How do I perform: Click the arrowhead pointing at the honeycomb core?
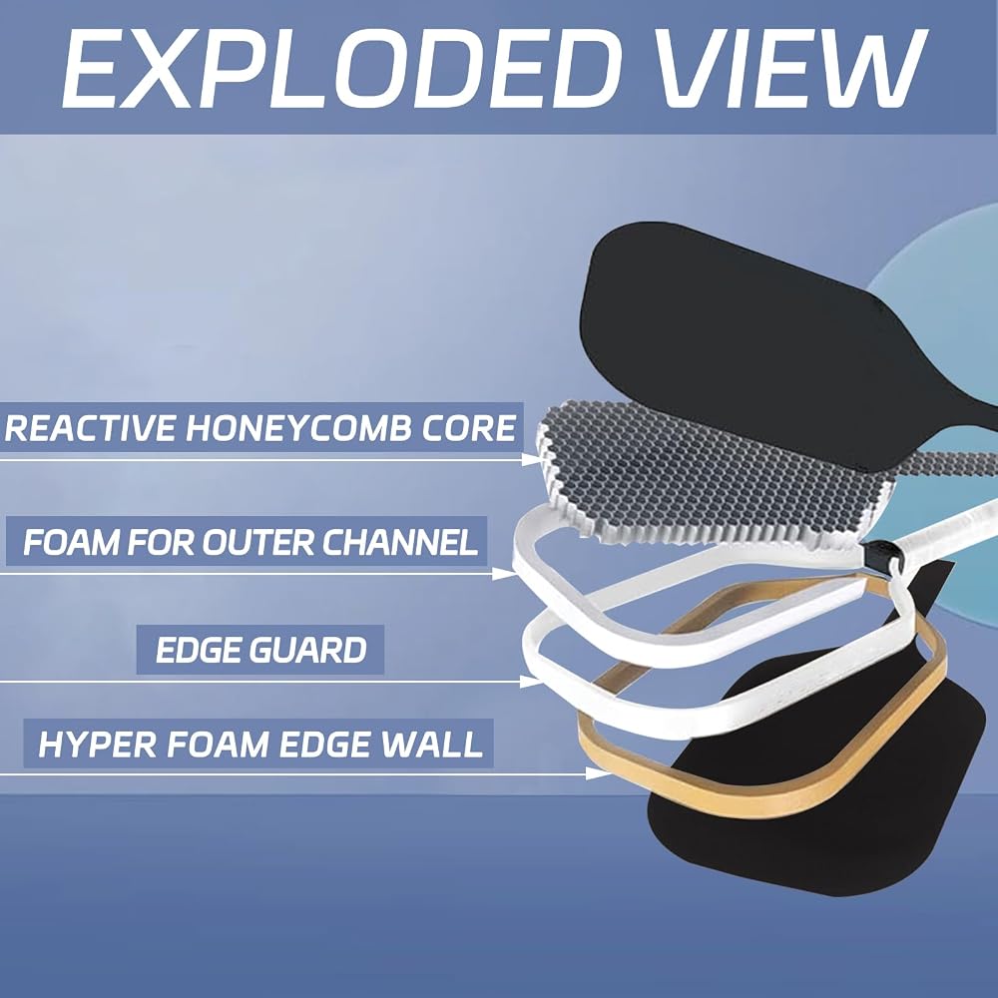[x=532, y=459]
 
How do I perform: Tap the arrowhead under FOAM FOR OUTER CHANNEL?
[x=505, y=574]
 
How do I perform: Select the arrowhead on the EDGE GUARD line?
[x=530, y=682]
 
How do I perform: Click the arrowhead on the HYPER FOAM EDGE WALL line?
[x=598, y=774]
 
